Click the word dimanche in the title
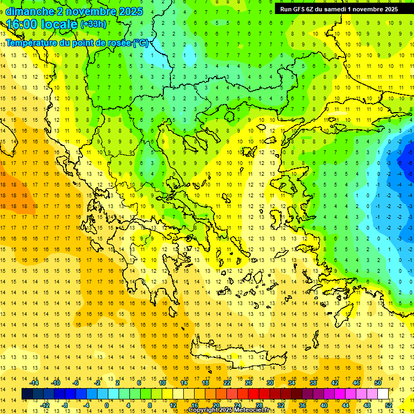[x=29, y=11]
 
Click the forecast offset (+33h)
[x=93, y=24]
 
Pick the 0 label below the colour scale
[x=107, y=405]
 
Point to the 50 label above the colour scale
[x=377, y=383]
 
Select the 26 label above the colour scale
[x=249, y=383]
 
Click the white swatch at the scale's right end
[x=383, y=394]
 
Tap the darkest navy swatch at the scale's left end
[x=27, y=394]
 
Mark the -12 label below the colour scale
[x=45, y=405]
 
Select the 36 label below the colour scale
[x=302, y=405]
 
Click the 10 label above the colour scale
[x=162, y=383]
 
